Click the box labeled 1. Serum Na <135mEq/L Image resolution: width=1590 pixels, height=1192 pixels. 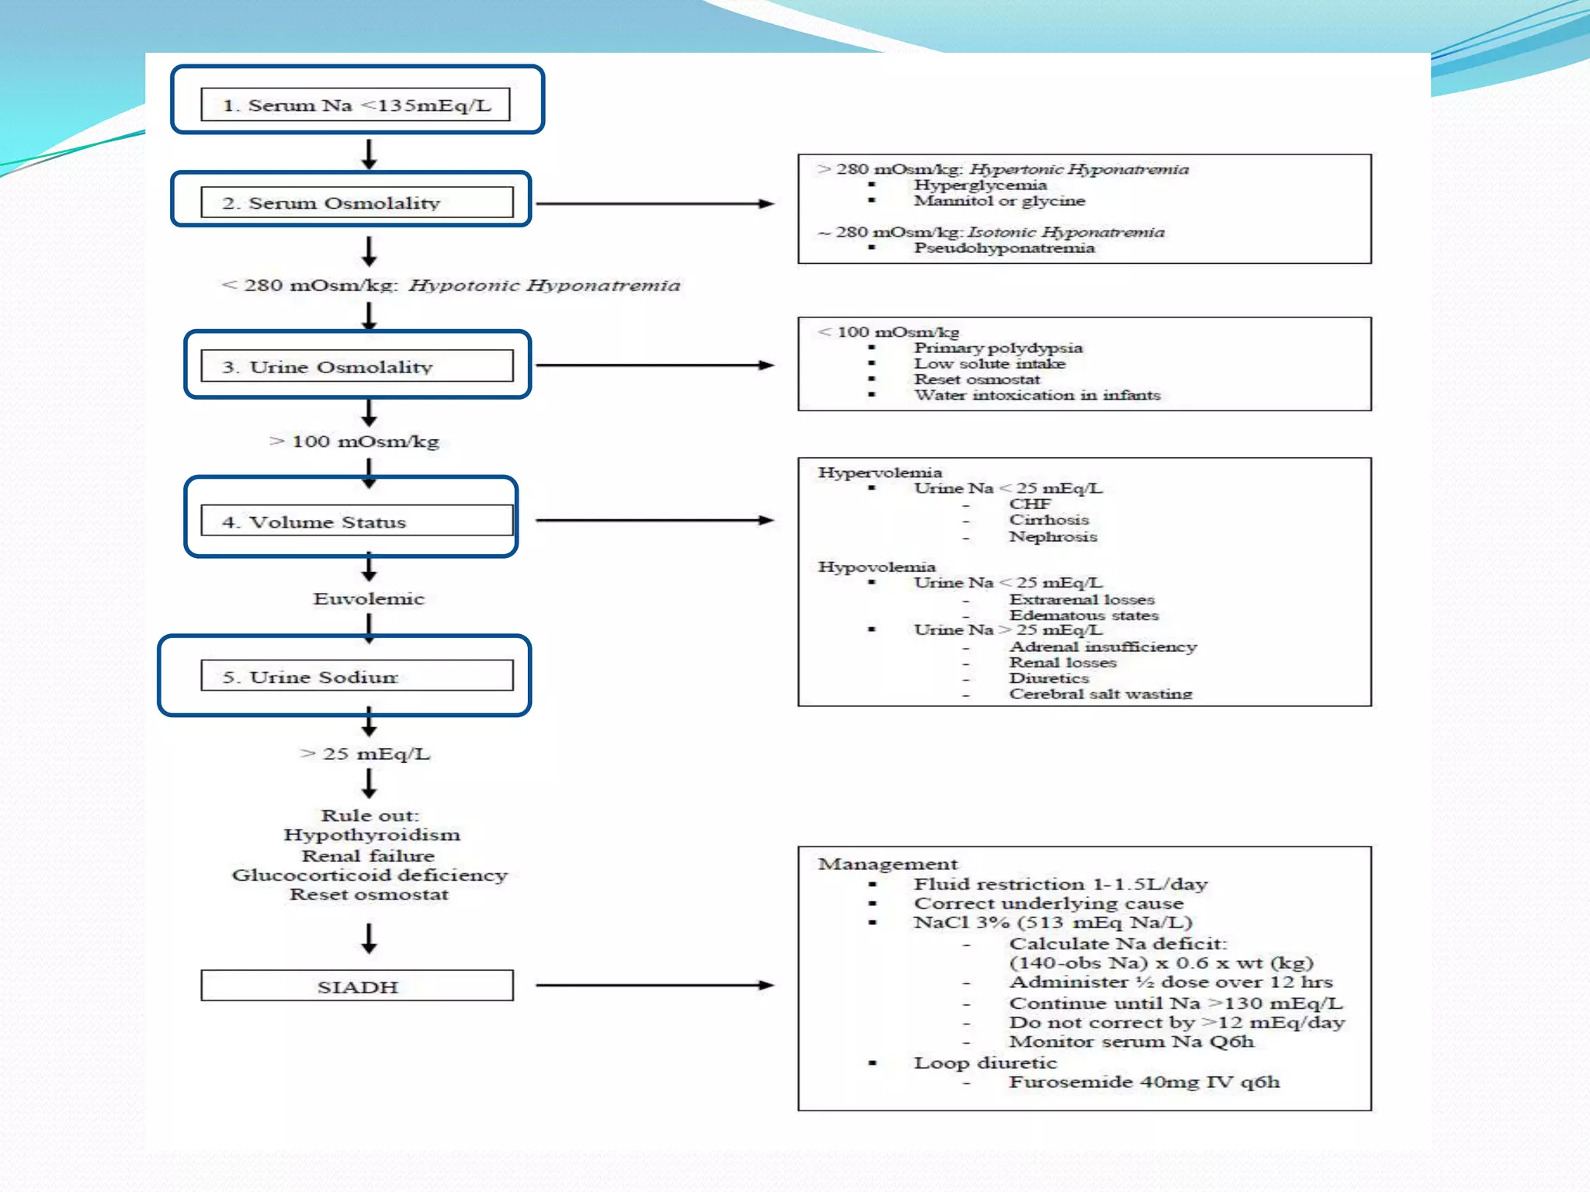(356, 105)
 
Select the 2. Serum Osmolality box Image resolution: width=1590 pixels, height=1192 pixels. (356, 203)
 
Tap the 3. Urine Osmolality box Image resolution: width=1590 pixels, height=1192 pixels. (356, 366)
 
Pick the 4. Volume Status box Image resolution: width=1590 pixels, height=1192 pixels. (356, 521)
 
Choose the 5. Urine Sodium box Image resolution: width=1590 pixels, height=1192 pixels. (356, 676)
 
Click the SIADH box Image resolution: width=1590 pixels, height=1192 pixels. (356, 986)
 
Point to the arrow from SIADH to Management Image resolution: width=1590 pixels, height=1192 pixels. (654, 986)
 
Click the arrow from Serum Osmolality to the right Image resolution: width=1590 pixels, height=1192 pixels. (654, 203)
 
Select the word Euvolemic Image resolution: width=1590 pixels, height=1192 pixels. (369, 598)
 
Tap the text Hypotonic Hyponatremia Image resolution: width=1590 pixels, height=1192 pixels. (544, 286)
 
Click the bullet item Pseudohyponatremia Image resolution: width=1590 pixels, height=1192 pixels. (1004, 248)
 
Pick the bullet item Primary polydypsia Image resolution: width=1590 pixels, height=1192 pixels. (998, 348)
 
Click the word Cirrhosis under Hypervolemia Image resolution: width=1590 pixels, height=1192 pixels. (1048, 520)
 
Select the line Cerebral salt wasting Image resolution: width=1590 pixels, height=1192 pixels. (1100, 694)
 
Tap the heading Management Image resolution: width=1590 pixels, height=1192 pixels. (887, 864)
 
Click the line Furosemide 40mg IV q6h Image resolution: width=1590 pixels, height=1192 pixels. (1144, 1082)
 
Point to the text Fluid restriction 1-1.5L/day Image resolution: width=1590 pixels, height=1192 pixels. (1060, 884)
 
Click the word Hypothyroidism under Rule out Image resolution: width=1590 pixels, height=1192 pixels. (372, 835)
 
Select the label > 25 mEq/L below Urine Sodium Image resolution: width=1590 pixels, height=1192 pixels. (365, 754)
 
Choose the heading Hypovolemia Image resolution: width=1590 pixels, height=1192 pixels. (877, 567)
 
